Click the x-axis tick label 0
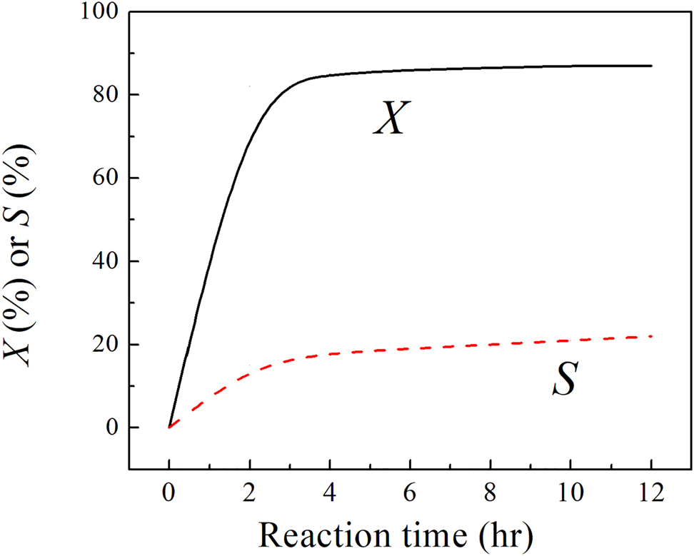[169, 493]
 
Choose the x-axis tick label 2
[249, 493]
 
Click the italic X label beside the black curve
[391, 120]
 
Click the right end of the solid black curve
[651, 66]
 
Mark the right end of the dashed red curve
[651, 336]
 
